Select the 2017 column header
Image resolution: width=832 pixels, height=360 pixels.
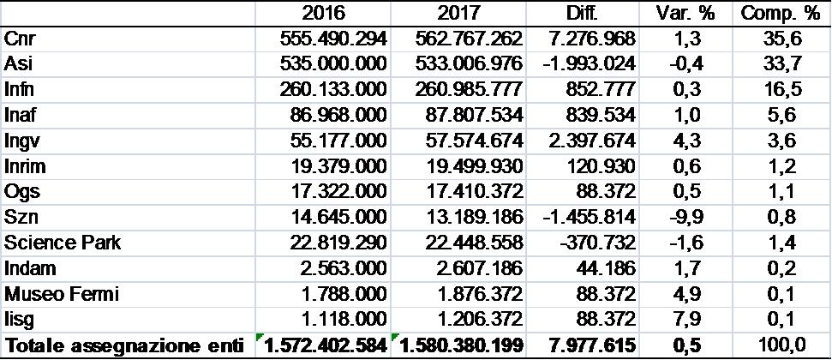(x=458, y=14)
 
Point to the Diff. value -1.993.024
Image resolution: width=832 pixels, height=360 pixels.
(x=589, y=64)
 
